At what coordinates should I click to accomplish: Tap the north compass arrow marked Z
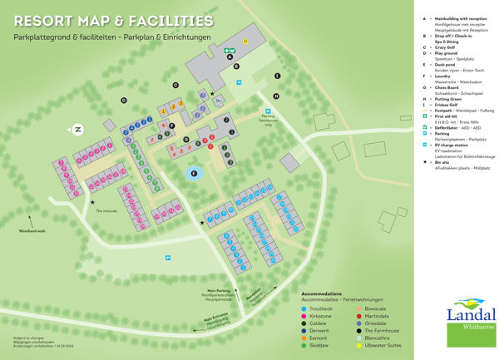click(x=77, y=129)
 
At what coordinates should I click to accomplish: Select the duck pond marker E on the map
click(x=194, y=174)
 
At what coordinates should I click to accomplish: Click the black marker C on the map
click(x=175, y=85)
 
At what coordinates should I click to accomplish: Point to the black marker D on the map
click(x=123, y=101)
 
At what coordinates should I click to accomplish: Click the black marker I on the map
click(x=278, y=76)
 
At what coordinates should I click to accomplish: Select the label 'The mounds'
click(x=106, y=211)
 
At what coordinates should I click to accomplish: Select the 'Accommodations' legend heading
click(x=321, y=293)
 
